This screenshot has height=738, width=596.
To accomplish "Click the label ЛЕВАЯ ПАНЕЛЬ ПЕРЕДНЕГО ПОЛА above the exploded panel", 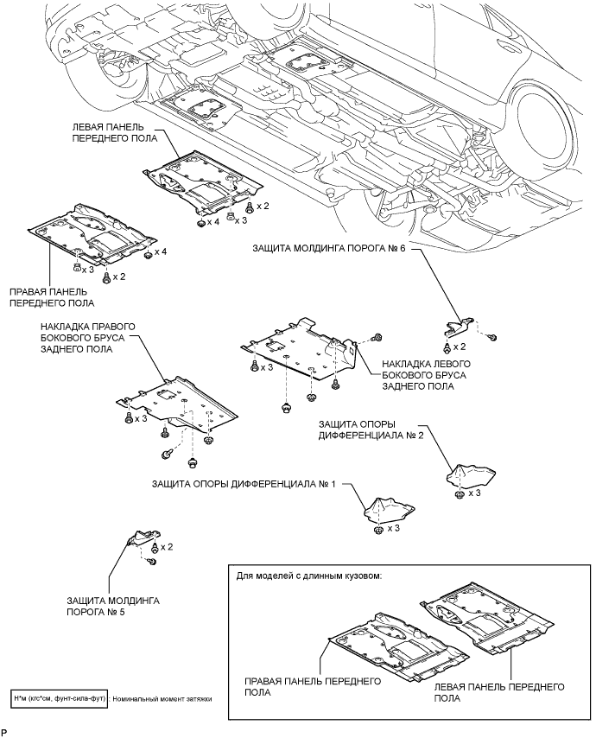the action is coord(115,133).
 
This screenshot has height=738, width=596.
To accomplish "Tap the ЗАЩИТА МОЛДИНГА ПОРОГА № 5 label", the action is coord(113,607).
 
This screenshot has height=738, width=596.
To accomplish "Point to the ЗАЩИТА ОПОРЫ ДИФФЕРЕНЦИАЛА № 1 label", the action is coord(244,484).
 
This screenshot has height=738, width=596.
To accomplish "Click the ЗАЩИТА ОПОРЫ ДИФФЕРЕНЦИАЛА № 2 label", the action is coord(371,429).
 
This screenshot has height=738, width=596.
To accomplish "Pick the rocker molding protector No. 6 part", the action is coord(460,326).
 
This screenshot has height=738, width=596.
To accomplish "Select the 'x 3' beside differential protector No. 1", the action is coord(393,529).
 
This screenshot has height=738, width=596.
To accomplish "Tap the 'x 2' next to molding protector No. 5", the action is coord(167,547).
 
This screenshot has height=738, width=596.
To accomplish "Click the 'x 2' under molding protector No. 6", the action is coord(460,347).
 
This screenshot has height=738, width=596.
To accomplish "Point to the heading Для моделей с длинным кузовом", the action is coord(309,576).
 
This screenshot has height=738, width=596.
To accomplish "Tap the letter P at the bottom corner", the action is coord(4,731).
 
